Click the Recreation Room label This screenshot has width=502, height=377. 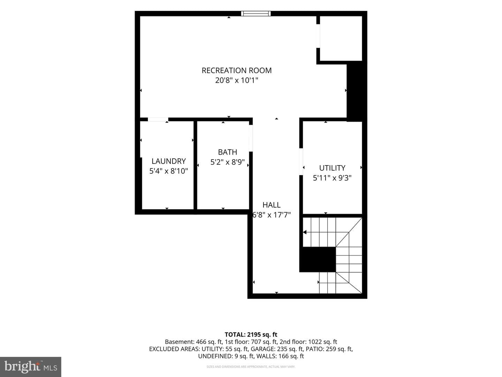236,70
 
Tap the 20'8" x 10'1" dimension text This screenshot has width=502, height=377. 236,80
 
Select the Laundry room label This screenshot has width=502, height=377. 168,161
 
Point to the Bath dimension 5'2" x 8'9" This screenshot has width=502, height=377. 227,162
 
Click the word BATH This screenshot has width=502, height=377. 227,152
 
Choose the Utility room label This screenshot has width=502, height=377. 332,168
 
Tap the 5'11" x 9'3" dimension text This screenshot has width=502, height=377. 332,178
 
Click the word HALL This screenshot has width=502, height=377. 272,205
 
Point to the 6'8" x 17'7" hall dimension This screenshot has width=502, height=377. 272,215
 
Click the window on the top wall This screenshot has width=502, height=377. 256,14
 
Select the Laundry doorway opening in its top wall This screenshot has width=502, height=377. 158,119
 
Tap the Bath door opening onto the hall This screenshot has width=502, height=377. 251,138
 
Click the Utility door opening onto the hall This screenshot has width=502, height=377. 301,162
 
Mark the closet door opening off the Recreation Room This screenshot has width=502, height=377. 318,36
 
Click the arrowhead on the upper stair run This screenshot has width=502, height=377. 305,232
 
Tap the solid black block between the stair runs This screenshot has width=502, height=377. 318,260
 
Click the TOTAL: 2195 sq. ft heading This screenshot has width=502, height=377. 251,335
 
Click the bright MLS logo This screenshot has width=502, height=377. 31,367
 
